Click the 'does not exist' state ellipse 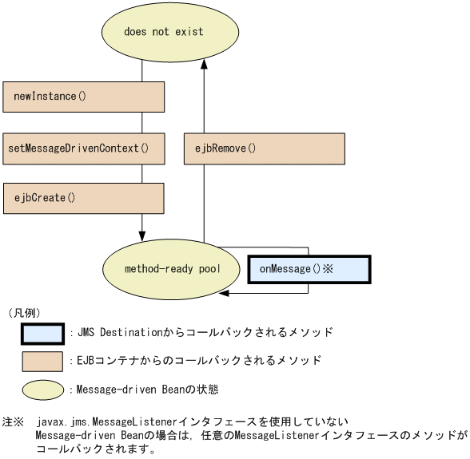pos(170,32)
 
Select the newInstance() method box pos(83,97)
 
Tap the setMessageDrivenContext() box pos(83,148)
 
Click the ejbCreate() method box pos(83,198)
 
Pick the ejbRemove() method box pos(265,148)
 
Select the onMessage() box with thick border pos(309,269)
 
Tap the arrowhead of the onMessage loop pos(225,294)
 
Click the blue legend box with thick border pos(42,332)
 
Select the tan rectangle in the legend pos(42,361)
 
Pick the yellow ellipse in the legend pos(42,390)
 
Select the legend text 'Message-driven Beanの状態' pos(144,390)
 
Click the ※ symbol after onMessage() pos(328,269)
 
